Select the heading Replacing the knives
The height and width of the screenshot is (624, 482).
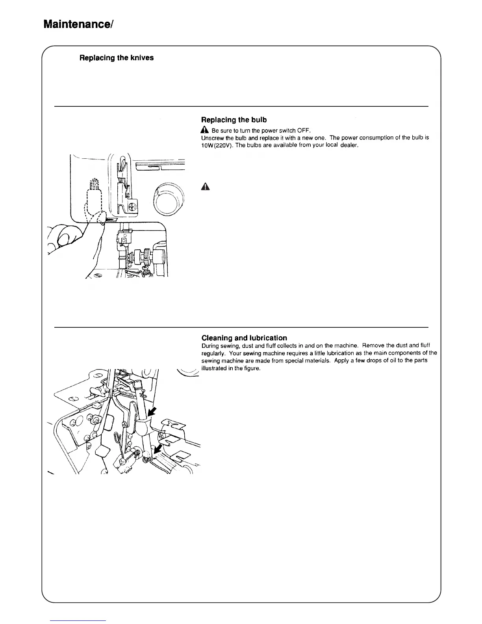117,58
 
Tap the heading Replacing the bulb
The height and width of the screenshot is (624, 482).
234,120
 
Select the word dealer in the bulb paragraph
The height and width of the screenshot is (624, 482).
349,145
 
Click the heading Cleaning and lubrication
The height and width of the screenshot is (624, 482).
244,338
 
